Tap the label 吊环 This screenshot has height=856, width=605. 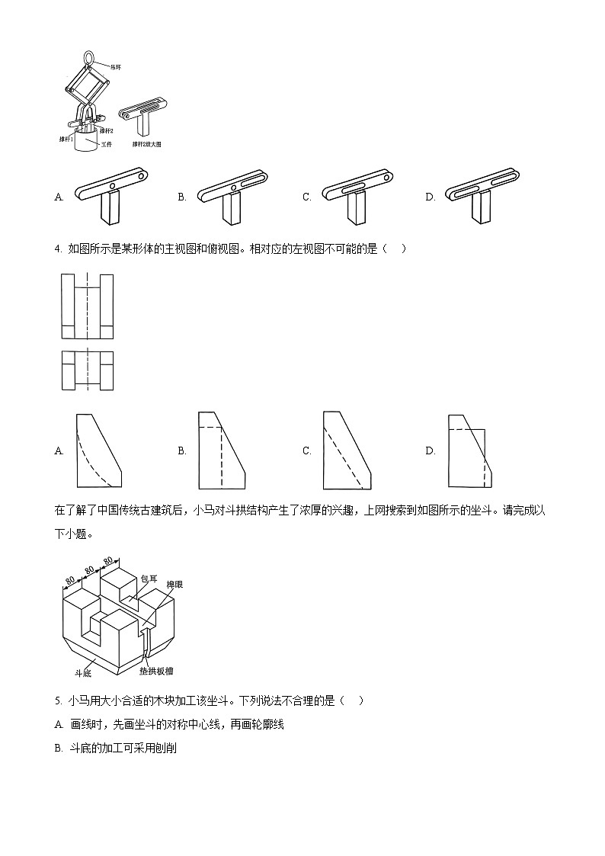[x=116, y=67]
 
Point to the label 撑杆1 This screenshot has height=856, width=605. [x=66, y=139]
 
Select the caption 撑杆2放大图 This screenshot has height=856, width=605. [x=147, y=143]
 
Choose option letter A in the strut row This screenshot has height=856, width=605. [x=59, y=197]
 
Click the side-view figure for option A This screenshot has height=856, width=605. [x=99, y=450]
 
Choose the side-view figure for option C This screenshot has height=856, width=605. [x=347, y=450]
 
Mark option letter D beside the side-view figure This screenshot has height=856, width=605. [x=430, y=451]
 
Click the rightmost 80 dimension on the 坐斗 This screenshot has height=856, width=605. [x=108, y=562]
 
